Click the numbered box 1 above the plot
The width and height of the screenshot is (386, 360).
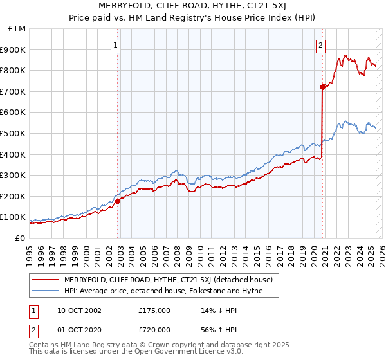point(115,45)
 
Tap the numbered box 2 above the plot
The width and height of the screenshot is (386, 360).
point(320,45)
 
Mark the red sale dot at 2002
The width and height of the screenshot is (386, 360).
point(118,201)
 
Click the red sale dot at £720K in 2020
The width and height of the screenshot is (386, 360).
point(322,87)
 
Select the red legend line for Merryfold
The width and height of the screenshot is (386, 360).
point(45,280)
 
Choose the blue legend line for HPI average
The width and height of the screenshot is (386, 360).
point(45,291)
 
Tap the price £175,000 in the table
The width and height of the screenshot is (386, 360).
point(154,310)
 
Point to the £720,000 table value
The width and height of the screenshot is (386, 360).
point(154,330)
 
